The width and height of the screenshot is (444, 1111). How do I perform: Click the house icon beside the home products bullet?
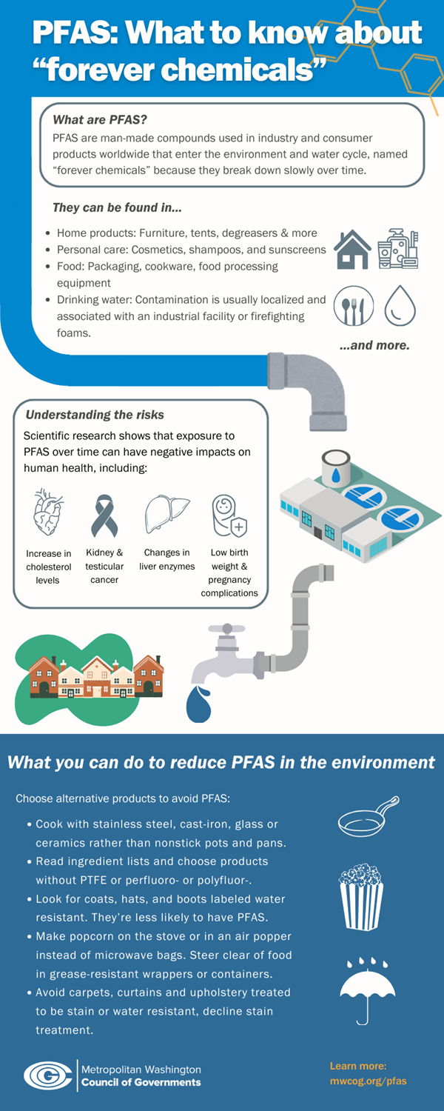pos(353,250)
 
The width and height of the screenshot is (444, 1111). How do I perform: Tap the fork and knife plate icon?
pos(353,306)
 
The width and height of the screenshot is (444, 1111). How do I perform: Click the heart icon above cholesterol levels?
pos(48,513)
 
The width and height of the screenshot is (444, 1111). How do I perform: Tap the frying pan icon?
pos(368,816)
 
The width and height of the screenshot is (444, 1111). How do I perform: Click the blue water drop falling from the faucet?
pos(198,704)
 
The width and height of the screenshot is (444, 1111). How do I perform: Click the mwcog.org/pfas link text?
pos(368,1081)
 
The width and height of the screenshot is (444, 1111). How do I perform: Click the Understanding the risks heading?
pos(95,415)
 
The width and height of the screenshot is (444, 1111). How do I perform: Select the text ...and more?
pos(374,345)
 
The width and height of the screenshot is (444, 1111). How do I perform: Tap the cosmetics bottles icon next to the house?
pos(398,249)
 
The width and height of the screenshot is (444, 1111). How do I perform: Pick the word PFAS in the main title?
pos(73,33)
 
